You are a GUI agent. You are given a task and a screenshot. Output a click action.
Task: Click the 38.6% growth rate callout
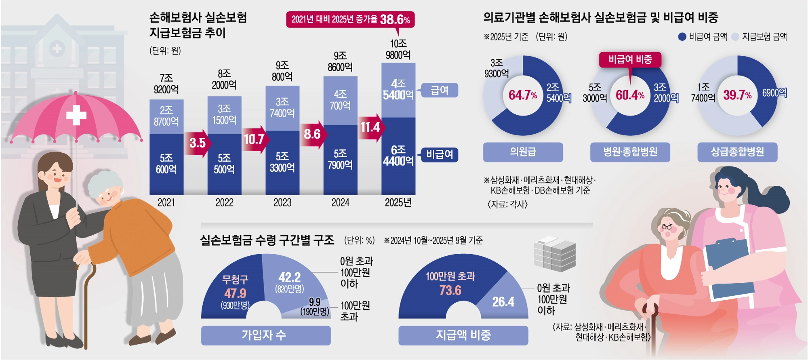(x=350, y=19)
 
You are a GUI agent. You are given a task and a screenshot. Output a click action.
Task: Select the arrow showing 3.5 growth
(x=198, y=143)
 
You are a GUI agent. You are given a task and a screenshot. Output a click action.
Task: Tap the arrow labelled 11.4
(x=370, y=127)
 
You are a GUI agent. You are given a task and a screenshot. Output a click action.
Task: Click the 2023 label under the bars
(x=282, y=202)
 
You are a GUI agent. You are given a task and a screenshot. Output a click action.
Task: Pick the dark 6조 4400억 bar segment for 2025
(x=398, y=156)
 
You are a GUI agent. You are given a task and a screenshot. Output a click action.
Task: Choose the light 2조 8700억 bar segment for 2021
(x=166, y=116)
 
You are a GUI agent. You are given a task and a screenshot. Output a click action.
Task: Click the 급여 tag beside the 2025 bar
(x=439, y=90)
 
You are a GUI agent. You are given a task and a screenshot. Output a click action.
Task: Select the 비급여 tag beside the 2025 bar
(x=440, y=154)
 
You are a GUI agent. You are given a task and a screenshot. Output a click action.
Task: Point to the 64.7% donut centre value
(x=522, y=95)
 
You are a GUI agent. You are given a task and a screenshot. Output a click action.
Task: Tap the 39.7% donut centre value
(x=737, y=95)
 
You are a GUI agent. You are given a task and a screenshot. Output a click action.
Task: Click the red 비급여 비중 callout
(x=630, y=60)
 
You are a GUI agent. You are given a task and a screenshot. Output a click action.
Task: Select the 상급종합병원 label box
(x=737, y=152)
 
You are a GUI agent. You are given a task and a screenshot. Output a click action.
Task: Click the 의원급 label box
(x=523, y=152)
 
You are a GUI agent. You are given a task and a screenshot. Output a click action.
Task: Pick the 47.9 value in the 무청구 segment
(x=235, y=293)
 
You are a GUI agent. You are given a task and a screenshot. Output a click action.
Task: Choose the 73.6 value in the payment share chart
(x=450, y=291)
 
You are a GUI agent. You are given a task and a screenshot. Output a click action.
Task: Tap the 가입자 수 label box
(x=265, y=335)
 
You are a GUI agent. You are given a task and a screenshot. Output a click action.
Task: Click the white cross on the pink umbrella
(x=76, y=115)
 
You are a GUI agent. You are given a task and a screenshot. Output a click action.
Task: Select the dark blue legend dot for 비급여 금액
(x=682, y=37)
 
